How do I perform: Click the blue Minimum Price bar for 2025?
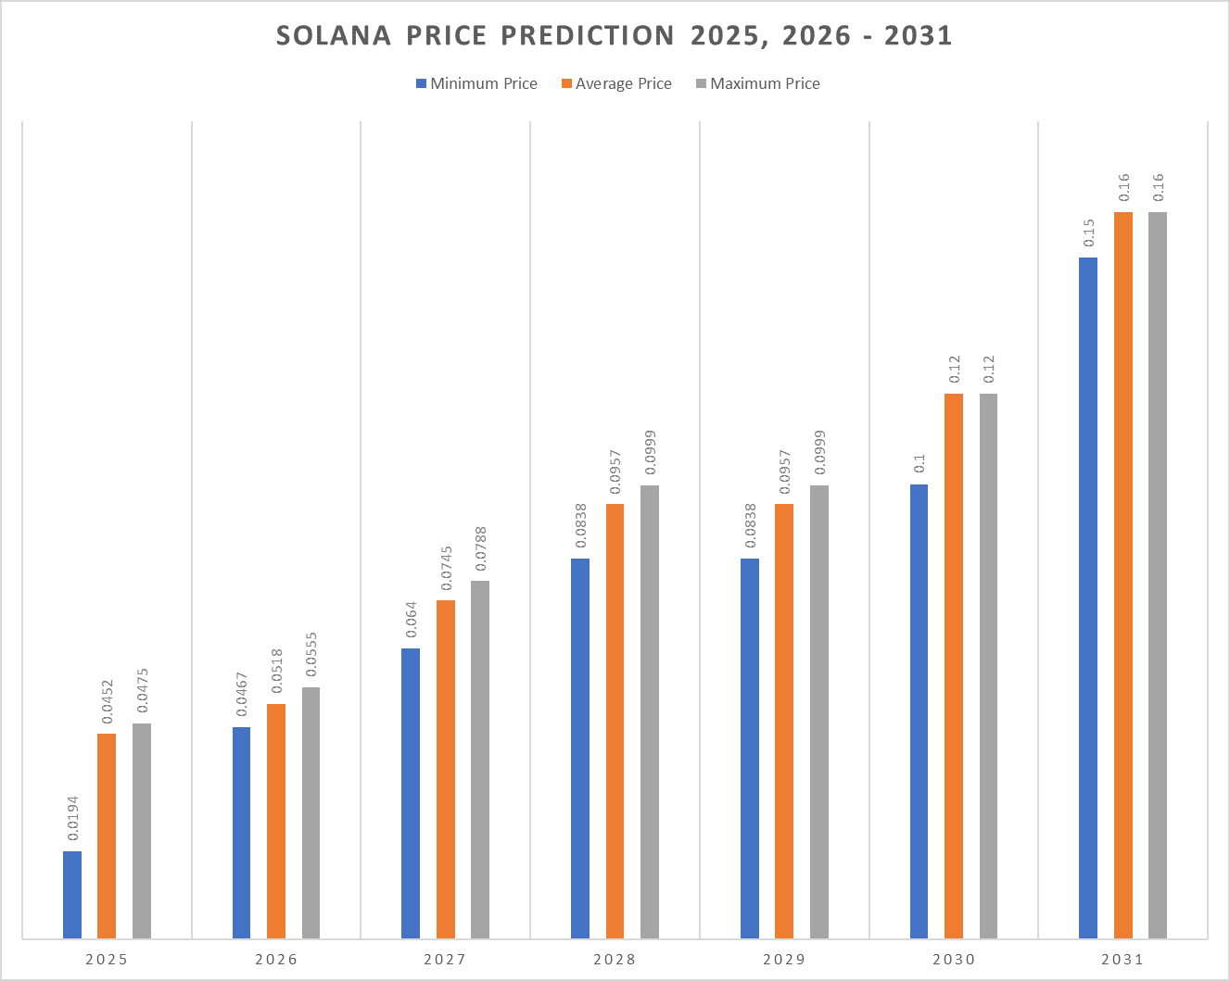[x=72, y=894]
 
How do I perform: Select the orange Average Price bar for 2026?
[x=276, y=821]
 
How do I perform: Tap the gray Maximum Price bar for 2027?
[x=480, y=759]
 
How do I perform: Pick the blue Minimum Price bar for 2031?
[x=1088, y=597]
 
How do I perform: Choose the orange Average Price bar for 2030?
[x=954, y=665]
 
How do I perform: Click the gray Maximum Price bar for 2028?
[x=650, y=711]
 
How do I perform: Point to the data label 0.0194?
[x=72, y=818]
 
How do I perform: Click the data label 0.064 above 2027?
[x=411, y=620]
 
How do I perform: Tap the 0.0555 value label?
[x=311, y=655]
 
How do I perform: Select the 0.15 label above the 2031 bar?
[x=1088, y=233]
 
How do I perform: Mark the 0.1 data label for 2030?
[x=919, y=463]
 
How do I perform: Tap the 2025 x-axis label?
[x=107, y=959]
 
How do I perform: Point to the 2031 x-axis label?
[x=1122, y=959]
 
